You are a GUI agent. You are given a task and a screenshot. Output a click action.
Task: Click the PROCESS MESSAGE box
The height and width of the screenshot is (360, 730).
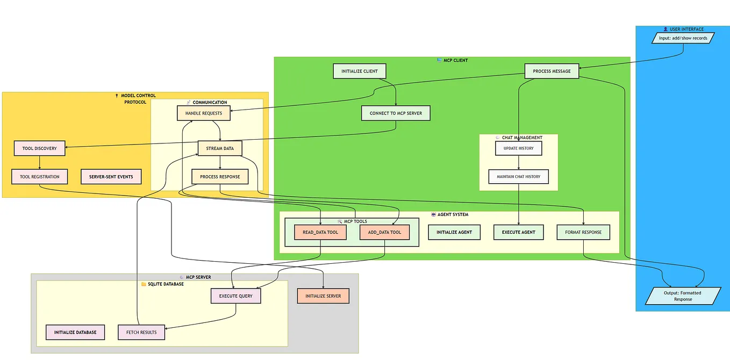pyautogui.click(x=552, y=71)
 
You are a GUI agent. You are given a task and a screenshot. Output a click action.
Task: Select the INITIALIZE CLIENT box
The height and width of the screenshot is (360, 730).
pyautogui.click(x=360, y=71)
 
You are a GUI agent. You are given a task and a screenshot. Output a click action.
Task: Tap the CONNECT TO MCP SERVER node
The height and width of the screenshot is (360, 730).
pyautogui.click(x=396, y=113)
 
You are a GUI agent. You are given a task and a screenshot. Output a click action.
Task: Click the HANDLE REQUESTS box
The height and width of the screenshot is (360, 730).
pyautogui.click(x=204, y=113)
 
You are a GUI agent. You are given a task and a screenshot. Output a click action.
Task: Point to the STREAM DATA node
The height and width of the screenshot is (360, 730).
pyautogui.click(x=220, y=148)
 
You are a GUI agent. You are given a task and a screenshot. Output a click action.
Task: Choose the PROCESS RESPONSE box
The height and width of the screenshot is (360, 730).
pyautogui.click(x=220, y=177)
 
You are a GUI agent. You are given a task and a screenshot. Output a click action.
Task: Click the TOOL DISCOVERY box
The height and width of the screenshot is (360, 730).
pyautogui.click(x=39, y=148)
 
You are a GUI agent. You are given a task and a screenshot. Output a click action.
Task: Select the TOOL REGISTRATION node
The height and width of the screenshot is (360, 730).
pyautogui.click(x=39, y=177)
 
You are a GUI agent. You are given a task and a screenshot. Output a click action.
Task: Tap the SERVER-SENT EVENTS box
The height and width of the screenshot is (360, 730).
pyautogui.click(x=111, y=177)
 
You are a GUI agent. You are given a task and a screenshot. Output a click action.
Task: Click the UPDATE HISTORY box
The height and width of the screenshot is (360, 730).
pyautogui.click(x=518, y=148)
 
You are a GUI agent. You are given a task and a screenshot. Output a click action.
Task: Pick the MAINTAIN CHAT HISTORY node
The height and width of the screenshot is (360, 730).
pyautogui.click(x=518, y=177)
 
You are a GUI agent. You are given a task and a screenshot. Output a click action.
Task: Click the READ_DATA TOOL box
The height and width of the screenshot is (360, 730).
pyautogui.click(x=320, y=232)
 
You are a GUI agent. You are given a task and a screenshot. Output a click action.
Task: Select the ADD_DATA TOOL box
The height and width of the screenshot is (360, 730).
pyautogui.click(x=384, y=232)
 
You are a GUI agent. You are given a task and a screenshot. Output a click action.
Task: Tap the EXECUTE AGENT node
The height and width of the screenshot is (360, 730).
pyautogui.click(x=518, y=232)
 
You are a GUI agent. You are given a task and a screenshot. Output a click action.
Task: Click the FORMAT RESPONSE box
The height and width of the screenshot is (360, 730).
pyautogui.click(x=583, y=232)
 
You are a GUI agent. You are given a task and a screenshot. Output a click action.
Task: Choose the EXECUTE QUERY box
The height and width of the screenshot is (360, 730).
pyautogui.click(x=235, y=296)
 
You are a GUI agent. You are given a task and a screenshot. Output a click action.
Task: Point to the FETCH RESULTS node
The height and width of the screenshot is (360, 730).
pyautogui.click(x=141, y=332)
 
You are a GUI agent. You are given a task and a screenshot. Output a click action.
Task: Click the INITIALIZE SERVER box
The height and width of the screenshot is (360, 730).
pyautogui.click(x=323, y=296)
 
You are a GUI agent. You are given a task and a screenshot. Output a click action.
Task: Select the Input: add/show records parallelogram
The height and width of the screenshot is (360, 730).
pyautogui.click(x=683, y=38)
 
